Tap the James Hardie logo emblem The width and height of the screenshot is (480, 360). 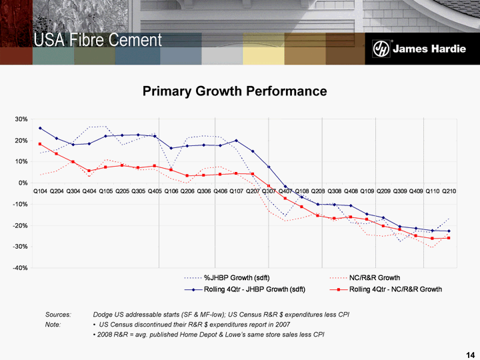(381, 50)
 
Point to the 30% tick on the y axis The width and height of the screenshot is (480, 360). (21, 119)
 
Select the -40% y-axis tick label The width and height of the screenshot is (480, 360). (19, 268)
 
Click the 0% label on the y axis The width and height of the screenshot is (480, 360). (23, 183)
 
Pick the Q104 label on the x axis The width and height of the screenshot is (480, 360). (40, 192)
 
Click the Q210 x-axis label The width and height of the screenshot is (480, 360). (449, 192)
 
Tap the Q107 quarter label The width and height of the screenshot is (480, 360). (236, 192)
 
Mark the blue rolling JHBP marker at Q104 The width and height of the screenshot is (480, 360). (40, 128)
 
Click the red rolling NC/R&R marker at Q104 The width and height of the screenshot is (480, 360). (40, 144)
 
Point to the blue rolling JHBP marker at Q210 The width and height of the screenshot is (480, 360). (449, 231)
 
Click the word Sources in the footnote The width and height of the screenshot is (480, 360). (59, 314)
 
